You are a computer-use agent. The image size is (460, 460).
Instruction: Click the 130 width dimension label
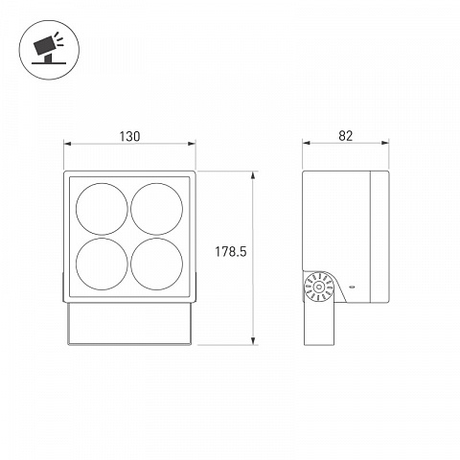point(129,136)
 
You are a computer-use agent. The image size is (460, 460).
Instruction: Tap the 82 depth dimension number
point(345,136)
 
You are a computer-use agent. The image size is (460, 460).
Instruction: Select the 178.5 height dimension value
point(231,252)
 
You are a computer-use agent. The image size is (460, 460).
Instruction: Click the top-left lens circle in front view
point(102,183)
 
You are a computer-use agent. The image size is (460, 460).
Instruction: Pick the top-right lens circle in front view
point(157,183)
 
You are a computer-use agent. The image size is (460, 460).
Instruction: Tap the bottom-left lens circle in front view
point(102,238)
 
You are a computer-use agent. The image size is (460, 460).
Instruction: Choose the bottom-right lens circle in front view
point(157,238)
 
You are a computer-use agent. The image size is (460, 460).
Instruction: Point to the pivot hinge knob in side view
point(318,287)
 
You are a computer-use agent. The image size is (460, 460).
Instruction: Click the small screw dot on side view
point(352,287)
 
